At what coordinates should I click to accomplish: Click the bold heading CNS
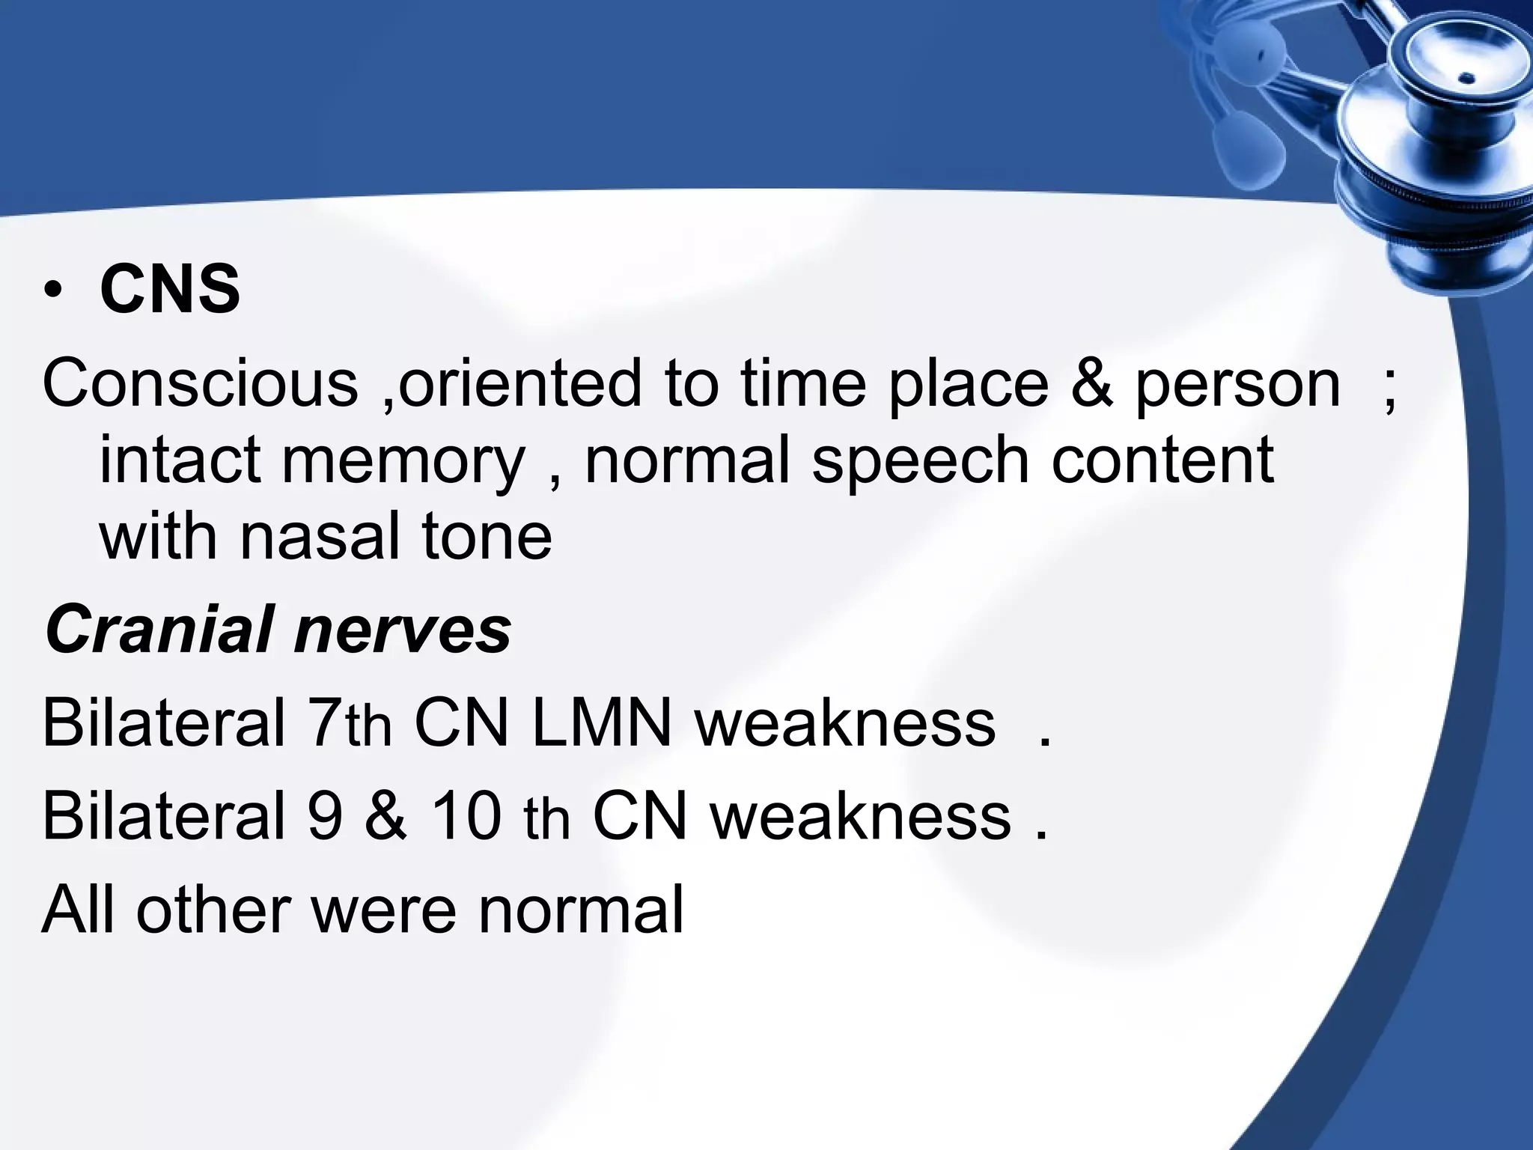pyautogui.click(x=170, y=290)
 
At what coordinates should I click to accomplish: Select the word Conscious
pyautogui.click(x=201, y=383)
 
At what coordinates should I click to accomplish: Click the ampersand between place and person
pyautogui.click(x=1091, y=383)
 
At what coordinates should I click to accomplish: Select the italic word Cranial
pyautogui.click(x=158, y=629)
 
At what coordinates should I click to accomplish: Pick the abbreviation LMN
pyautogui.click(x=601, y=722)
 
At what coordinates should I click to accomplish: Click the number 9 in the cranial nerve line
pyautogui.click(x=325, y=815)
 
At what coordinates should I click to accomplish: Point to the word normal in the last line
pyautogui.click(x=581, y=909)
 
